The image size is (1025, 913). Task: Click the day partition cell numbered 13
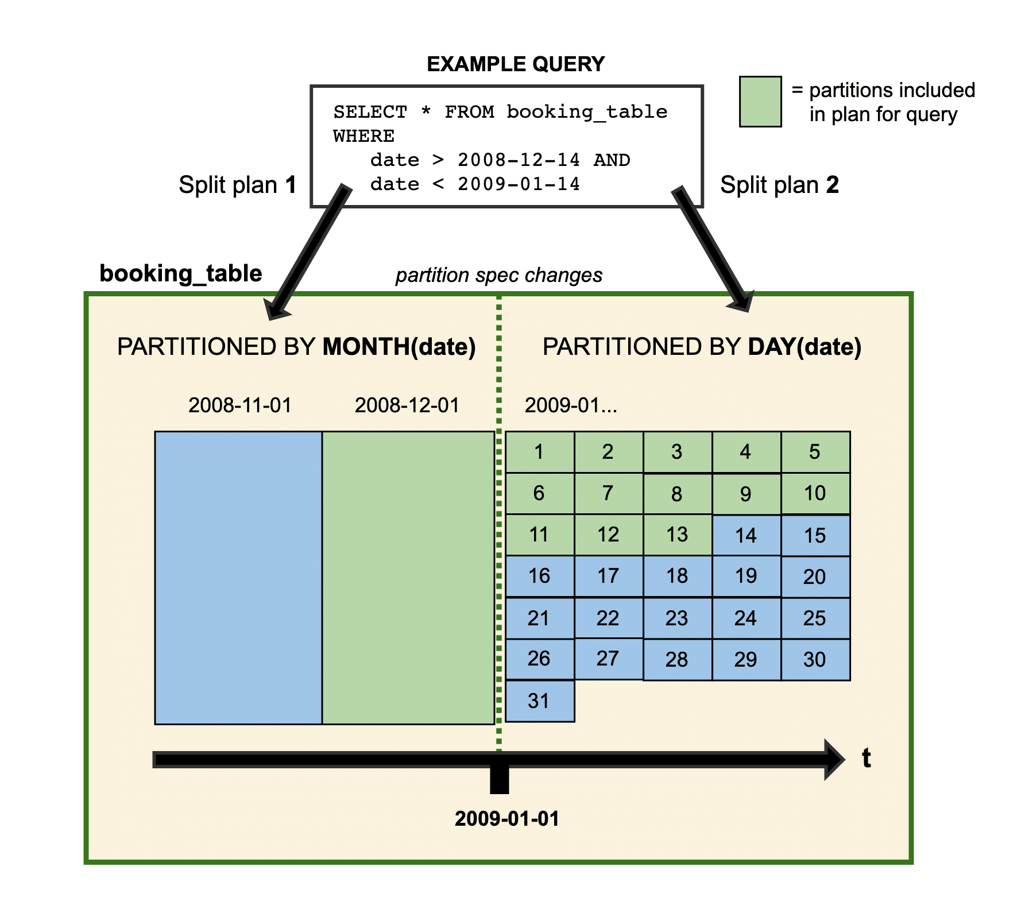pos(678,535)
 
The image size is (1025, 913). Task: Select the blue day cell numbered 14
pos(746,536)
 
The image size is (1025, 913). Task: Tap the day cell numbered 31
pos(540,701)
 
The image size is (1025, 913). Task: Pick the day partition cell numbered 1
pos(540,452)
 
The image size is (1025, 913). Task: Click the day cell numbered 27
pos(608,658)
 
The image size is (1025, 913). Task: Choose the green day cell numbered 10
pos(815,493)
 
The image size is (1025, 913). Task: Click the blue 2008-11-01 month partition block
pos(238,577)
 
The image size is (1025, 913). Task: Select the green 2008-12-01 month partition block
pos(408,577)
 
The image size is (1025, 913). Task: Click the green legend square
pos(760,102)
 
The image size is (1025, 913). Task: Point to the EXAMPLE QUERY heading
pos(516,64)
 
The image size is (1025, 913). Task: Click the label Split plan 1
pos(237,185)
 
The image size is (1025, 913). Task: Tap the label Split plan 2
pos(779,185)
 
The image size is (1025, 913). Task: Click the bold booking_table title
pos(180,273)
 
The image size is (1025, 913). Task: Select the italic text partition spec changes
pos(499,275)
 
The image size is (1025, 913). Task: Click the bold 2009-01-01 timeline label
pos(506,818)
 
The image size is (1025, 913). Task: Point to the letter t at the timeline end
pos(867,759)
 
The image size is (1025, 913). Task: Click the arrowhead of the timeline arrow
pos(834,760)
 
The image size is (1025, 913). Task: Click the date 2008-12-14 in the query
pos(519,160)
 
